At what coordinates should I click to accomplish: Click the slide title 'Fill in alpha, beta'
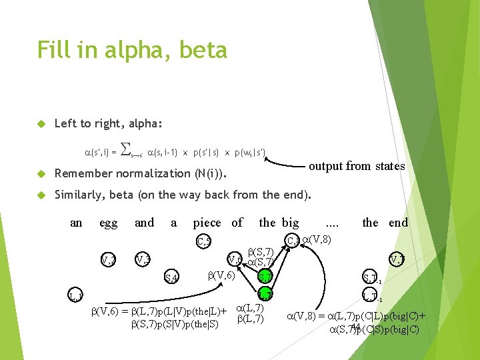132,50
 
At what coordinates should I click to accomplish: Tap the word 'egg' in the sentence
109,223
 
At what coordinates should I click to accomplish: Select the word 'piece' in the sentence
208,223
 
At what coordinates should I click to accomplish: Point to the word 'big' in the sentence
290,223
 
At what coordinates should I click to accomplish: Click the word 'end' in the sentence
398,223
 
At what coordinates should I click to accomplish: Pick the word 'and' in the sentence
144,223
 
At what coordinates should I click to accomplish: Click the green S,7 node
265,276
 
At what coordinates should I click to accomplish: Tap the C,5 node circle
203,240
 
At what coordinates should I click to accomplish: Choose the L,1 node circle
76,294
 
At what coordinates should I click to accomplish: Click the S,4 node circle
171,277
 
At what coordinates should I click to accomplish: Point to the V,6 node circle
234,259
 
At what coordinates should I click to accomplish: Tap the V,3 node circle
142,259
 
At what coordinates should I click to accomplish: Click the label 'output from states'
357,166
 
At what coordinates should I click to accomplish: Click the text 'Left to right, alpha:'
109,123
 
